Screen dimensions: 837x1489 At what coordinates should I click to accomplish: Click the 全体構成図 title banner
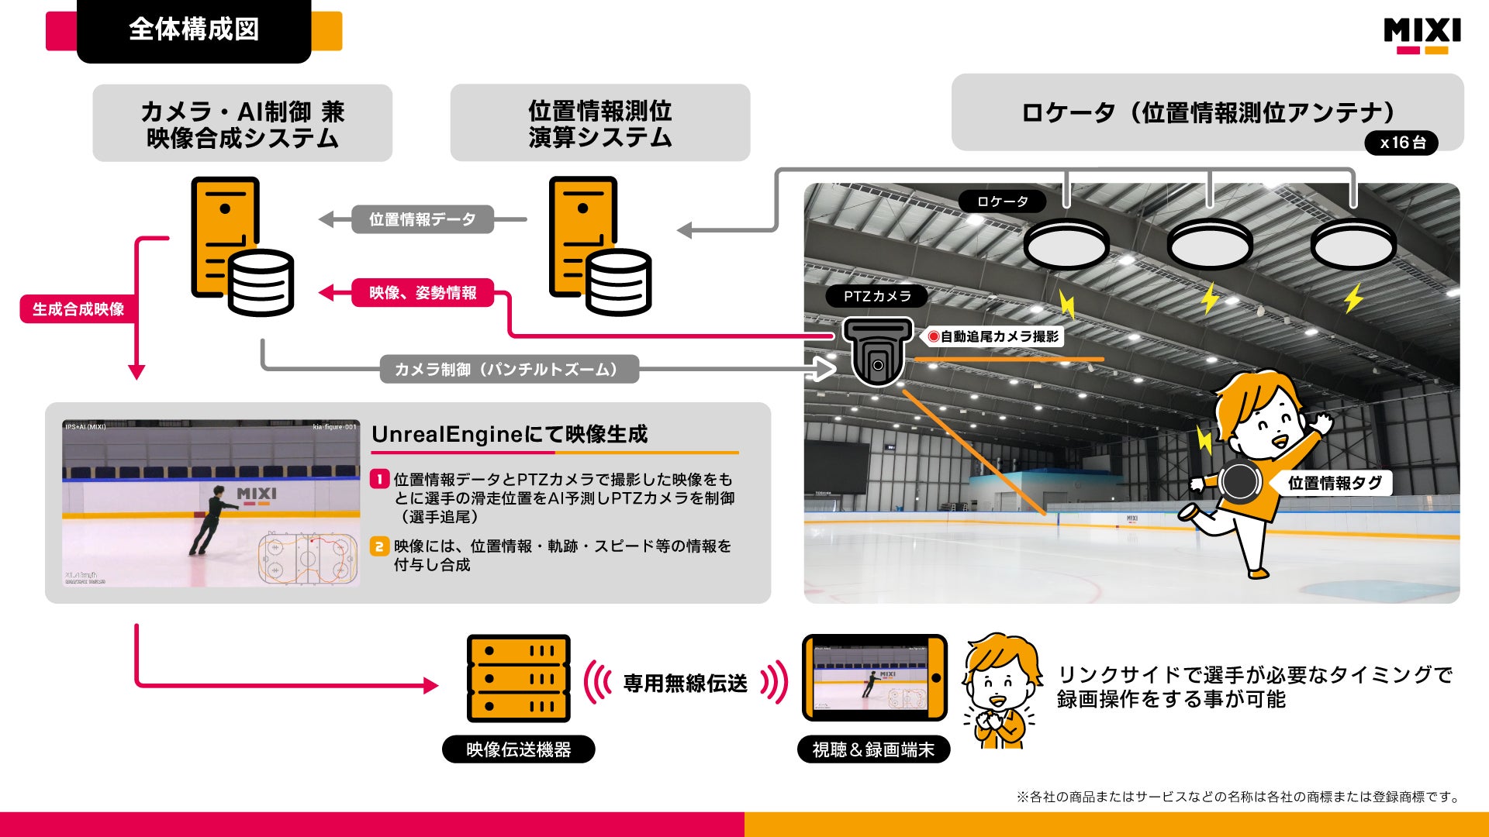coord(194,30)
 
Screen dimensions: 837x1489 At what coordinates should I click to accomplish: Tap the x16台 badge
coord(1402,143)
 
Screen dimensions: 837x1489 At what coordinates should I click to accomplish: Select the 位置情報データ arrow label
coord(422,219)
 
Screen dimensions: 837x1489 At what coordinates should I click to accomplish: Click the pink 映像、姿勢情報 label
coord(423,293)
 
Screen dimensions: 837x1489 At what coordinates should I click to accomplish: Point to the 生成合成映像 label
coord(78,309)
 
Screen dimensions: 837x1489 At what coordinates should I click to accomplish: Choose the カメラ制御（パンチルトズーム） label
coord(509,370)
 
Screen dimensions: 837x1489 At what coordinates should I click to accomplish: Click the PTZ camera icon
coord(877,353)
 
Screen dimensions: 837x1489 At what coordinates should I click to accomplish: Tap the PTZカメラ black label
coord(877,296)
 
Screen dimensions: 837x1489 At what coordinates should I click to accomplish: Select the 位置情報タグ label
coord(1334,483)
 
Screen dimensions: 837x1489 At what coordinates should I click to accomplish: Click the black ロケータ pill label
coord(1002,201)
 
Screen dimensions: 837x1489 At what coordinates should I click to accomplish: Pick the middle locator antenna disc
coord(1209,245)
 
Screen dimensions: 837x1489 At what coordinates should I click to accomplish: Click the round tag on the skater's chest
coord(1240,481)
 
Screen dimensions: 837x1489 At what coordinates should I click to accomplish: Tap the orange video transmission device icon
coord(518,679)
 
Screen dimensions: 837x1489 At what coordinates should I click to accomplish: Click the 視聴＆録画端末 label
coord(873,749)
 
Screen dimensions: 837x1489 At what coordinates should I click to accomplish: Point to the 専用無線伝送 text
coord(686,684)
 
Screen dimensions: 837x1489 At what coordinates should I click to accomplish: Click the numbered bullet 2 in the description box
coord(378,546)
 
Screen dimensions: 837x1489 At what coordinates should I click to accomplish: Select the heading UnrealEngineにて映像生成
coord(510,434)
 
